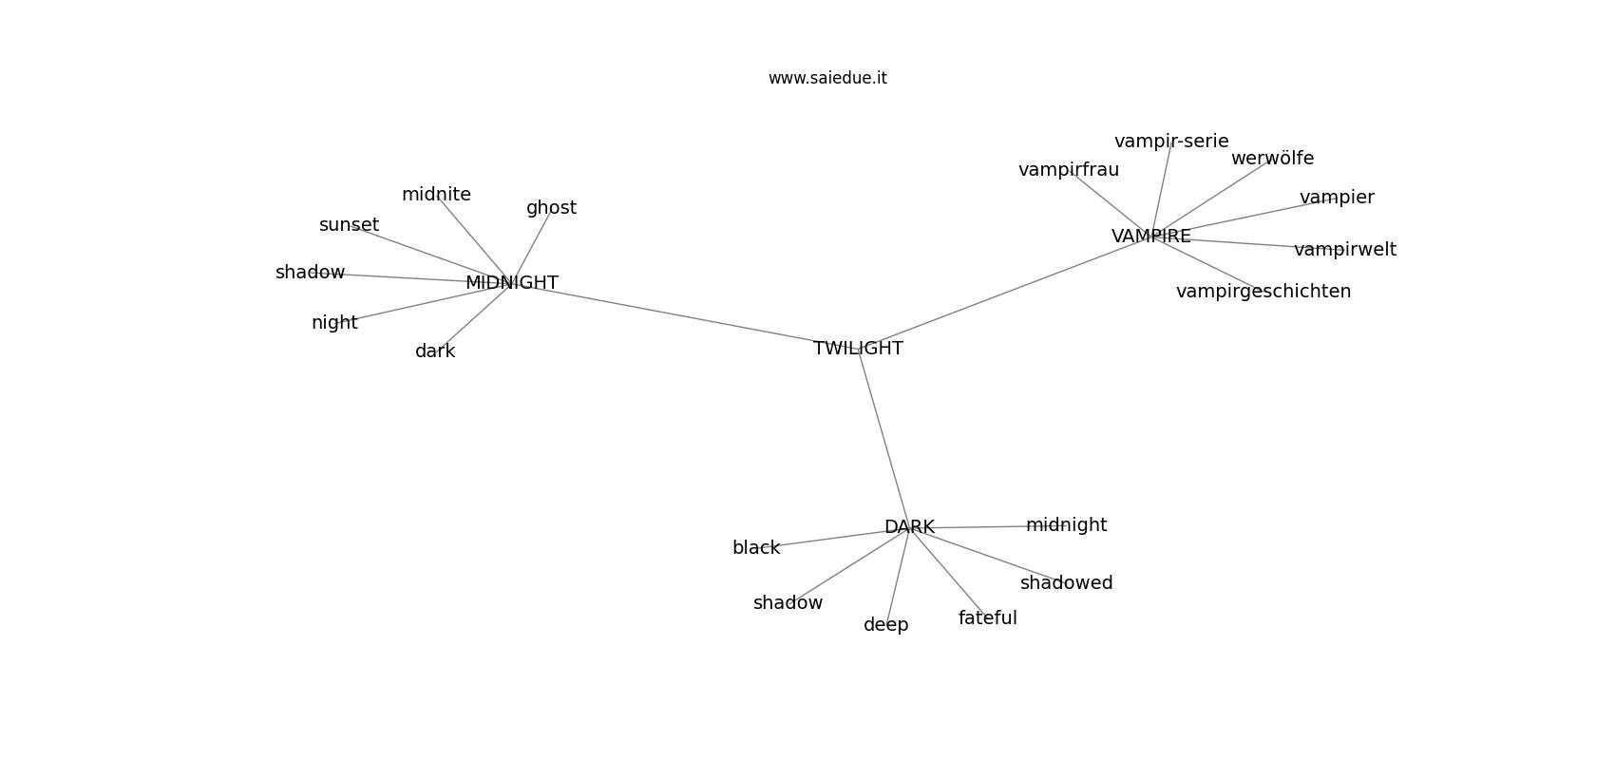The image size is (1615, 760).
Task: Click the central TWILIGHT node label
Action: pos(858,349)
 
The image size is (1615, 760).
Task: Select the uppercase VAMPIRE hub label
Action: pos(1150,237)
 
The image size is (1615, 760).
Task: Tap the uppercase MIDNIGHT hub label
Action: pos(512,283)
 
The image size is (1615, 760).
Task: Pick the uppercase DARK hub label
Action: pos(909,527)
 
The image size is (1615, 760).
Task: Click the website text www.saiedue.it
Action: pos(827,78)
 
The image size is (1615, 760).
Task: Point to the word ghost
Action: pos(552,208)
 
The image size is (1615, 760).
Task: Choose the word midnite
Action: pos(436,195)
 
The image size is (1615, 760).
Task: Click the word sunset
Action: pos(349,225)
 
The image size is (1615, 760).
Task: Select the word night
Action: pos(334,323)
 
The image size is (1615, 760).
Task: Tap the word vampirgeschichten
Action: pos(1263,292)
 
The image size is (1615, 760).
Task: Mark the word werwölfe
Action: pos(1273,159)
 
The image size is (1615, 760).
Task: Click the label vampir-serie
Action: pos(1171,142)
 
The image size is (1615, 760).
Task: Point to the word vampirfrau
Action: pos(1069,170)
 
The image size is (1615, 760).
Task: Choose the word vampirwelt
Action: pos(1345,250)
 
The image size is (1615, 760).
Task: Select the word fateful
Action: pos(988,617)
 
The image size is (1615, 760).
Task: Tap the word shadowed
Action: pos(1066,582)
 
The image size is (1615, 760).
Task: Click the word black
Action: pos(756,548)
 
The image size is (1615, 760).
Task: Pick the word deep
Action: pos(886,625)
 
